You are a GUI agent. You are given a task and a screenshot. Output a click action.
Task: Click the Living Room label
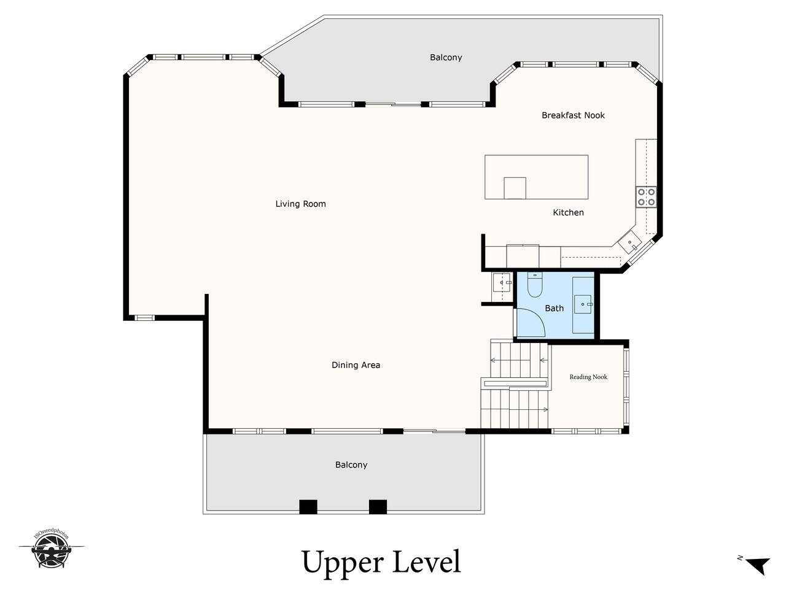[x=300, y=204]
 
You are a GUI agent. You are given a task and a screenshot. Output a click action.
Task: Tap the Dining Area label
[x=356, y=365]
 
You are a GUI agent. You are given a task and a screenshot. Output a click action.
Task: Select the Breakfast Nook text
[x=573, y=115]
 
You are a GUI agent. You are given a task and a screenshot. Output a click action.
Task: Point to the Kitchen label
[x=568, y=212]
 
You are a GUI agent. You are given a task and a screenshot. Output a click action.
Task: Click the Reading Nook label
[x=588, y=377]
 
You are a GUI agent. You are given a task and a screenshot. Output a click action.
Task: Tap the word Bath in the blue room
[x=554, y=308]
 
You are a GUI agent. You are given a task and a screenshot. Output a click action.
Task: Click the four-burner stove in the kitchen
[x=647, y=197]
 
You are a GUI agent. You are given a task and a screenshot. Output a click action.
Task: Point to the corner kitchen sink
[x=629, y=242]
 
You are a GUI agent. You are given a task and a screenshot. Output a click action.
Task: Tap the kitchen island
[x=537, y=177]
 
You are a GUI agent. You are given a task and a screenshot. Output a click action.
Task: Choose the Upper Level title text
[x=381, y=563]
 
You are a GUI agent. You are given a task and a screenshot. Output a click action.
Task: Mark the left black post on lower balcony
[x=308, y=507]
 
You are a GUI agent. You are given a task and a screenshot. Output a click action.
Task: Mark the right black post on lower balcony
[x=378, y=507]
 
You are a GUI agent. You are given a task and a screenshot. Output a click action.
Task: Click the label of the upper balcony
[x=446, y=57]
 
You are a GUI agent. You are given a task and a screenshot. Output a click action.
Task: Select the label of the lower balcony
[x=351, y=464]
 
